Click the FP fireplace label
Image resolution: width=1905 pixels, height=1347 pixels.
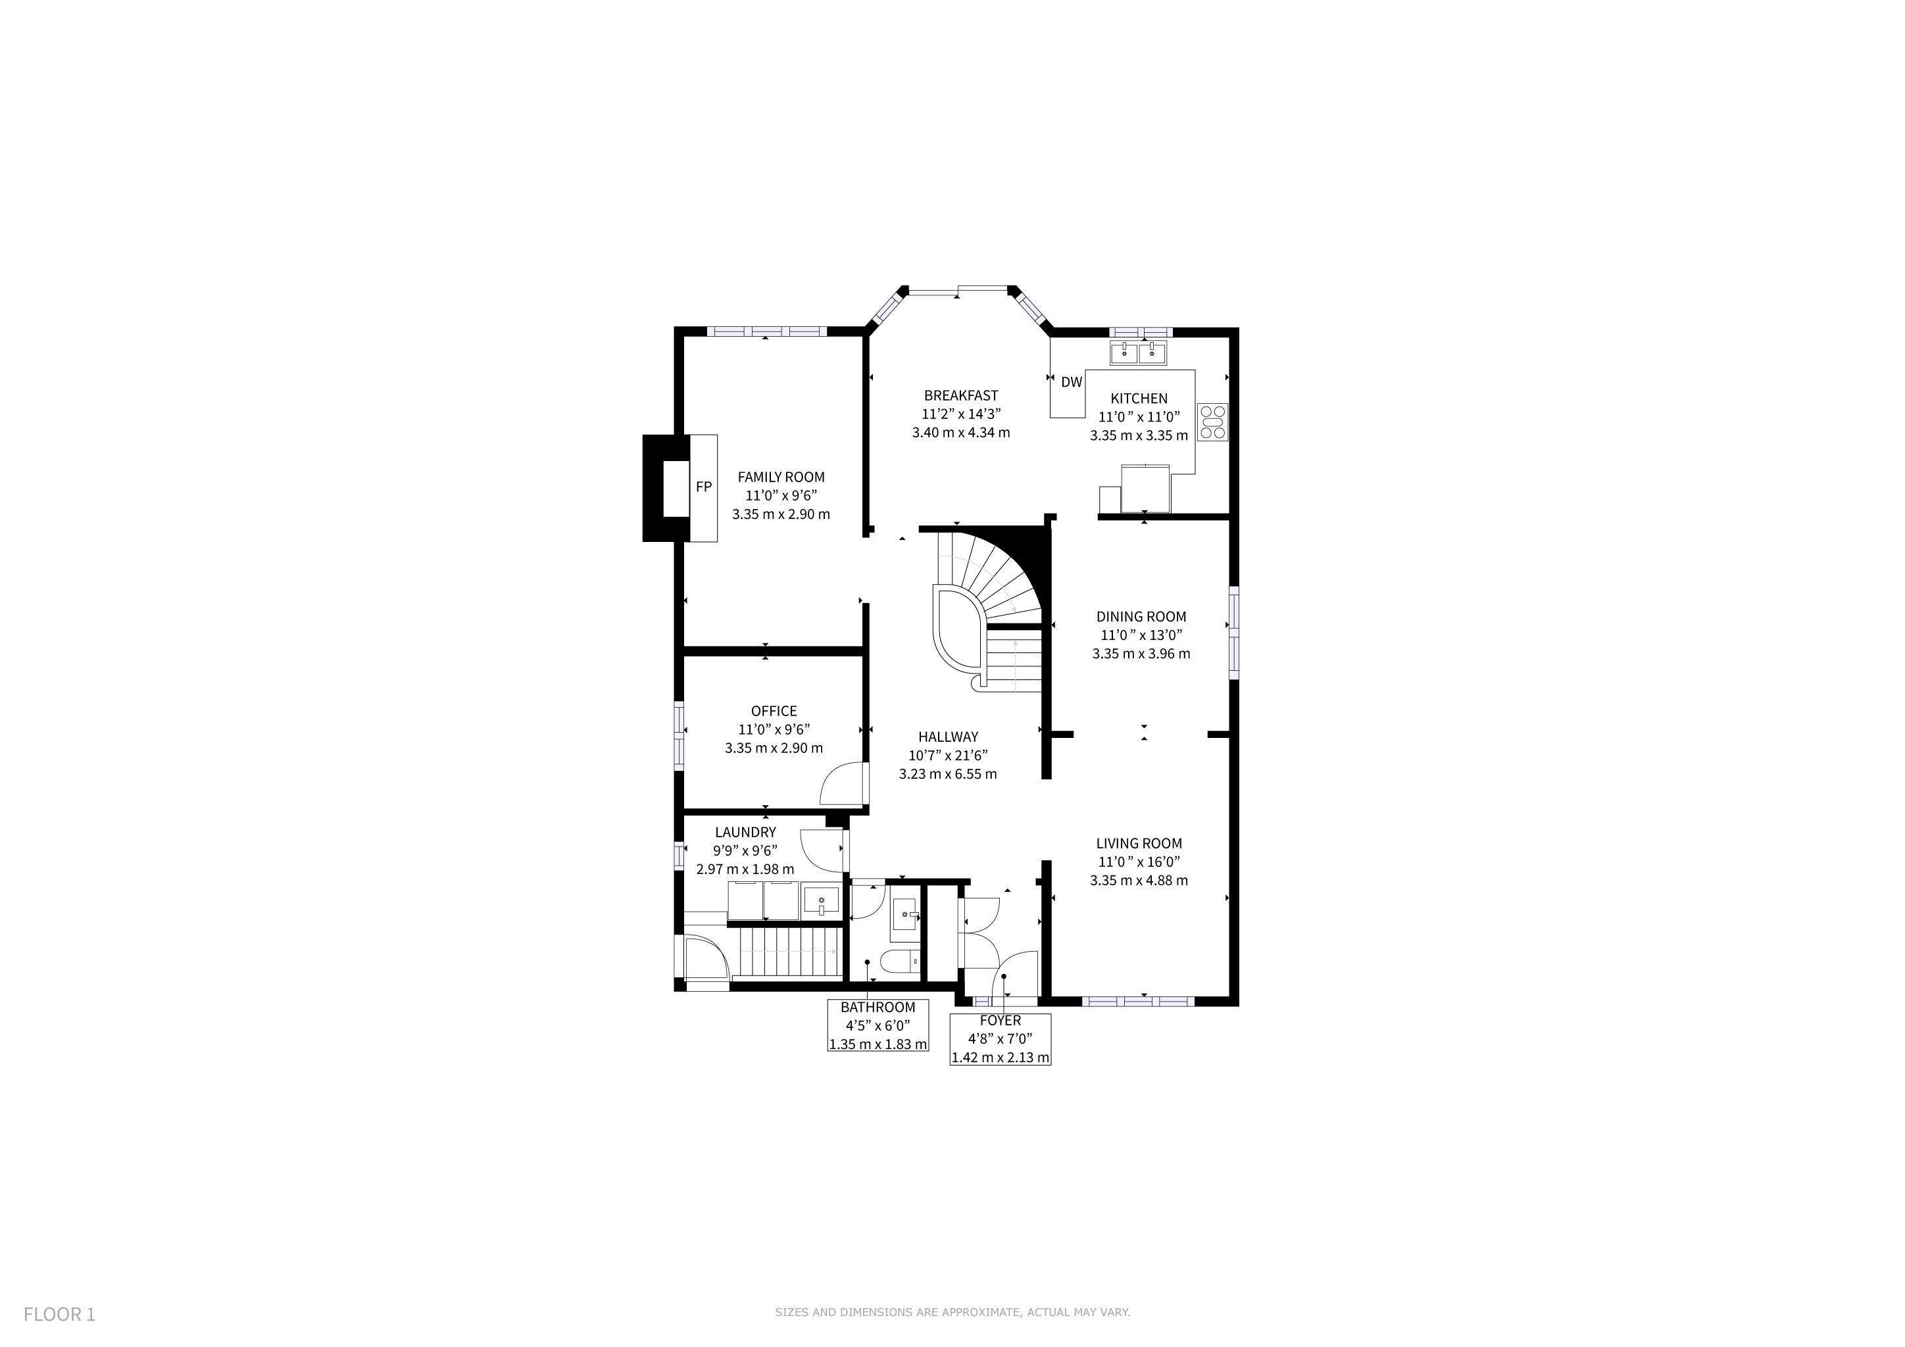pyautogui.click(x=704, y=487)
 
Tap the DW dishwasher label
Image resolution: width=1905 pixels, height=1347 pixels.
pyautogui.click(x=1072, y=382)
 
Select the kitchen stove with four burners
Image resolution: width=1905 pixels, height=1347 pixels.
pyautogui.click(x=1212, y=422)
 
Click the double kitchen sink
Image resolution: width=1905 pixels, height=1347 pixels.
pyautogui.click(x=1139, y=353)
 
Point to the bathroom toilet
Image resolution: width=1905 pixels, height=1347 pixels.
pyautogui.click(x=901, y=963)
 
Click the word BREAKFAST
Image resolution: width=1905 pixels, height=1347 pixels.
pyautogui.click(x=961, y=396)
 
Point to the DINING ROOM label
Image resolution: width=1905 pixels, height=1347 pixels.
pyautogui.click(x=1141, y=616)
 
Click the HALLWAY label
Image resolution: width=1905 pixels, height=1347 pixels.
pyautogui.click(x=949, y=737)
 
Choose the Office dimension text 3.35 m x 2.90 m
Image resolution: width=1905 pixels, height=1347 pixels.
pyautogui.click(x=774, y=748)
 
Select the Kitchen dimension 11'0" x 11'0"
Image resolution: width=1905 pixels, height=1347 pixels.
pyautogui.click(x=1139, y=417)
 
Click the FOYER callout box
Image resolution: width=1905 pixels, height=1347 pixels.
pyautogui.click(x=1001, y=1039)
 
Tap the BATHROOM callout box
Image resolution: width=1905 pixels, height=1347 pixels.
pyautogui.click(x=878, y=1025)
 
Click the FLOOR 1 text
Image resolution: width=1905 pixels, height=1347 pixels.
pyautogui.click(x=60, y=1315)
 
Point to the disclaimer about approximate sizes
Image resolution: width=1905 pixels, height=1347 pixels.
pyautogui.click(x=952, y=1312)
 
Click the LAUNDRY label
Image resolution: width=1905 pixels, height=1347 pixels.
pyautogui.click(x=745, y=833)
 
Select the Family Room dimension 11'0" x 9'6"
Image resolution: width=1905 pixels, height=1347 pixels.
pyautogui.click(x=781, y=496)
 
